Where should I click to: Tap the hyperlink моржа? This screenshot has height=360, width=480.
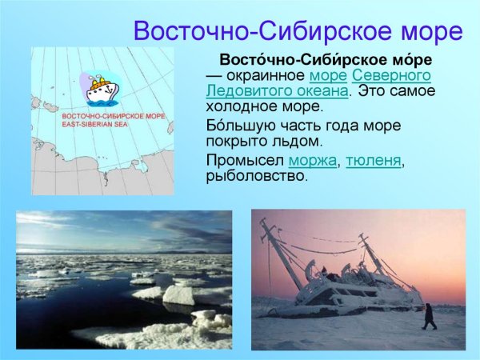pyautogui.click(x=313, y=161)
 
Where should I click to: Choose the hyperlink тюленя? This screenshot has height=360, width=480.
pyautogui.click(x=372, y=161)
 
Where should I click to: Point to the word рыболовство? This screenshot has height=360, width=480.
pyautogui.click(x=256, y=176)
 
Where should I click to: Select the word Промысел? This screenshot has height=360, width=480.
pyautogui.click(x=244, y=161)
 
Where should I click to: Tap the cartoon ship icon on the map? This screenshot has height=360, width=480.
pyautogui.click(x=101, y=89)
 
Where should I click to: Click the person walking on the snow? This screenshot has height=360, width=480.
pyautogui.click(x=429, y=316)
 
